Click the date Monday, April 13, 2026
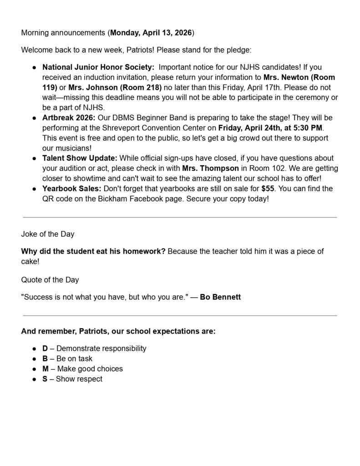(151, 33)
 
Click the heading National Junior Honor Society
(98, 67)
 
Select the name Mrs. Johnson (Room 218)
(115, 87)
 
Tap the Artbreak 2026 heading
(69, 118)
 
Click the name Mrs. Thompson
(213, 168)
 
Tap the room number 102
(269, 168)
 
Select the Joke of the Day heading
(48, 234)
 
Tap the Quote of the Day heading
(50, 280)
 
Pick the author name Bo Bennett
(220, 297)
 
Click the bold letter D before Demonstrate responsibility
(45, 349)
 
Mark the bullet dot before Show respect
(34, 379)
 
